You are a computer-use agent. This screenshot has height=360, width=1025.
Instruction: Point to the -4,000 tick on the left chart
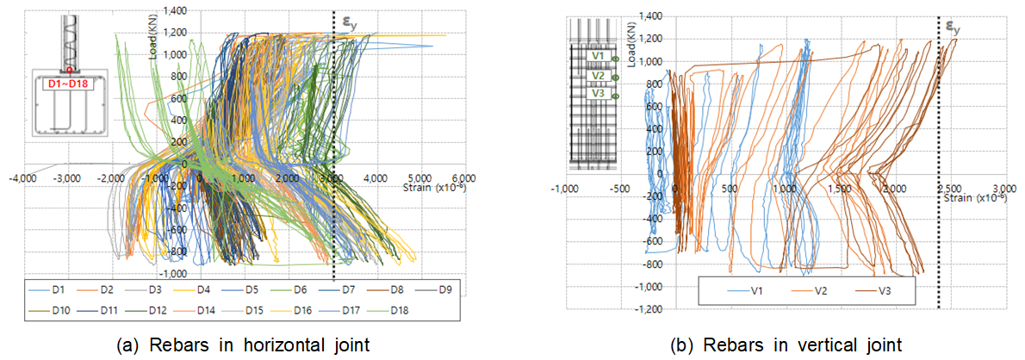[x=22, y=178]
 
